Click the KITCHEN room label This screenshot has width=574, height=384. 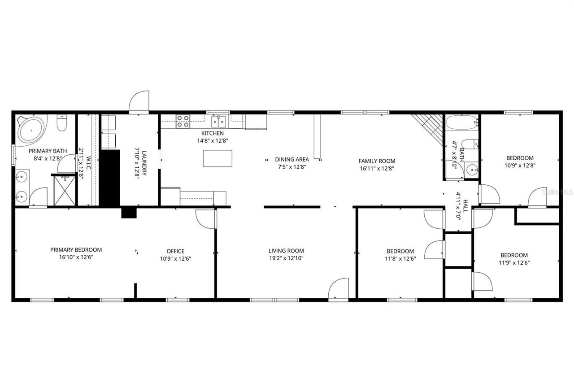[212, 133]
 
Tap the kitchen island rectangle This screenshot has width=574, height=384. [218, 158]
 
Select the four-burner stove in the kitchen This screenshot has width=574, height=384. [183, 121]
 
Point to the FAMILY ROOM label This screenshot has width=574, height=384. [377, 161]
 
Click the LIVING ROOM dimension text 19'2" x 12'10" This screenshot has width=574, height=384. [286, 258]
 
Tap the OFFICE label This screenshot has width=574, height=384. [175, 251]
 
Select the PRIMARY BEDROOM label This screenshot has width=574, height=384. [76, 250]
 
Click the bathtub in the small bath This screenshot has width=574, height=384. [461, 122]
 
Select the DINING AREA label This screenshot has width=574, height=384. [292, 159]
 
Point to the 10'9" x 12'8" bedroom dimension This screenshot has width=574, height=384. [520, 165]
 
